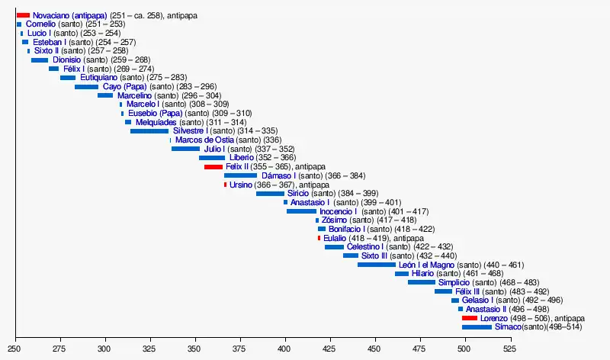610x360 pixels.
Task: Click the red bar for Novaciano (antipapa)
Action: [x=23, y=15]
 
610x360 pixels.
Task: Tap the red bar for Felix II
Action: [x=213, y=166]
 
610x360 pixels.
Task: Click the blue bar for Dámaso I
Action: [x=240, y=175]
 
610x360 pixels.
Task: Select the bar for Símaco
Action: [x=477, y=327]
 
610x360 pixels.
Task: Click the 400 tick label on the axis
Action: [x=284, y=348]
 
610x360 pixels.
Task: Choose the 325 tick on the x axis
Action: [x=149, y=348]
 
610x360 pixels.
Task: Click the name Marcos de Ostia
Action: [x=204, y=140]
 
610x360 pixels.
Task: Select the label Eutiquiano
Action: [x=99, y=78]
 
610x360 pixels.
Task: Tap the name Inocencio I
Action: [x=338, y=211]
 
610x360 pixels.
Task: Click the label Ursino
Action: [x=240, y=185]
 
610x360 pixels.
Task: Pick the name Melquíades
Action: [x=156, y=122]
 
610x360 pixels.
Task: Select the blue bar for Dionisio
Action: [x=40, y=59]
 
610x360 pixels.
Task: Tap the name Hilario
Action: [x=422, y=273]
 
